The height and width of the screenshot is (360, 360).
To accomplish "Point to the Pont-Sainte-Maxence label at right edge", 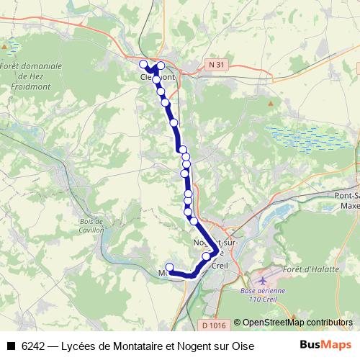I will tap(346, 200).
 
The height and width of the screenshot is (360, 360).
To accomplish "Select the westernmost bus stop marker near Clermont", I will tap(143, 63).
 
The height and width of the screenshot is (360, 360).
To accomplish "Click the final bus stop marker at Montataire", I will tap(170, 267).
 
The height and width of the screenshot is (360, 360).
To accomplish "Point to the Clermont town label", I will tap(158, 76).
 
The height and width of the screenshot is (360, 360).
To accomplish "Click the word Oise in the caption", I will tap(242, 346).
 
